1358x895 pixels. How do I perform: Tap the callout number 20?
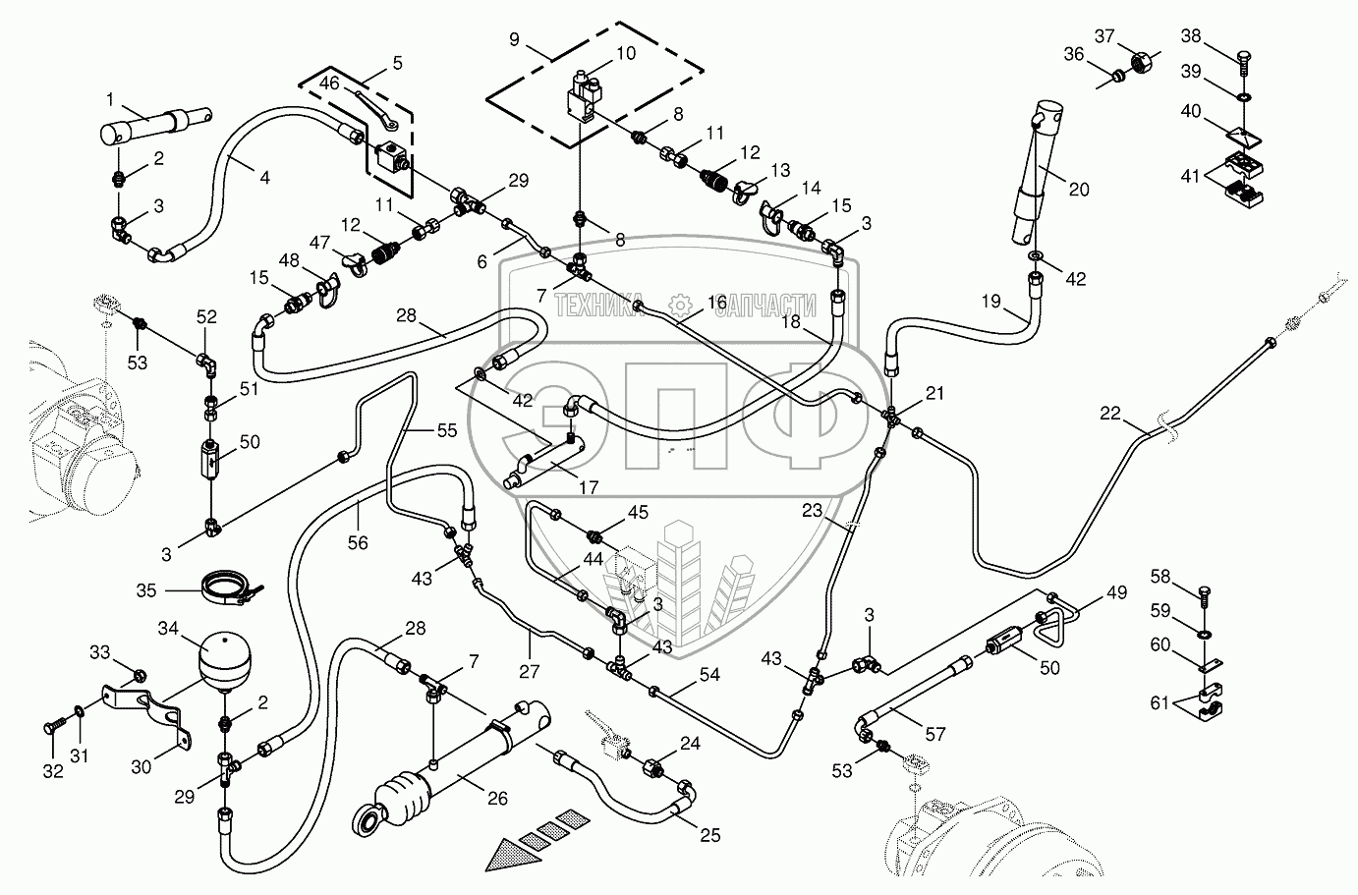click(1079, 190)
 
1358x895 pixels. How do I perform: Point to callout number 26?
click(497, 798)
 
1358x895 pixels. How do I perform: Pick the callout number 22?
click(1109, 414)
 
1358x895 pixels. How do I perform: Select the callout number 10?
click(625, 52)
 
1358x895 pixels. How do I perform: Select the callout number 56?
click(356, 541)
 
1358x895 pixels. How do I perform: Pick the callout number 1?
click(110, 98)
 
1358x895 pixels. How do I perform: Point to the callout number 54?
click(709, 675)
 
